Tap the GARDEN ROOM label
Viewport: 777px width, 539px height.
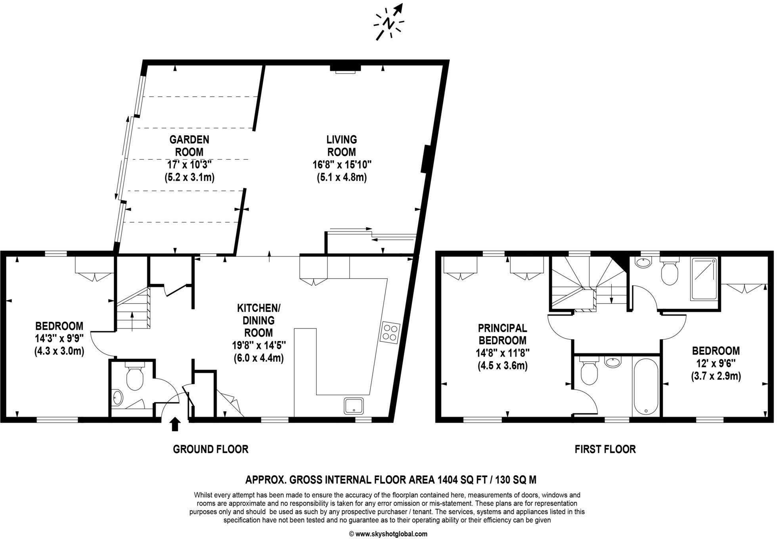(x=189, y=145)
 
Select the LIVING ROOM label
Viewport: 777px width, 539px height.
(x=341, y=145)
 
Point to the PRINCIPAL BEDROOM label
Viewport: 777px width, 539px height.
(x=502, y=334)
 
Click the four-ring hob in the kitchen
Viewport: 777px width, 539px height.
(x=391, y=333)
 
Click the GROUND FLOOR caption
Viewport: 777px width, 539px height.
(x=211, y=449)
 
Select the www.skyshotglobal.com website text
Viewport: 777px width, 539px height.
(x=391, y=534)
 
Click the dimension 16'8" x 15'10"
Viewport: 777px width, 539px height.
(x=342, y=164)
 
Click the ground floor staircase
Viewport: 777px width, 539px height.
(x=134, y=308)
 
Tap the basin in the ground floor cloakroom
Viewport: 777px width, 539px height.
(x=117, y=398)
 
